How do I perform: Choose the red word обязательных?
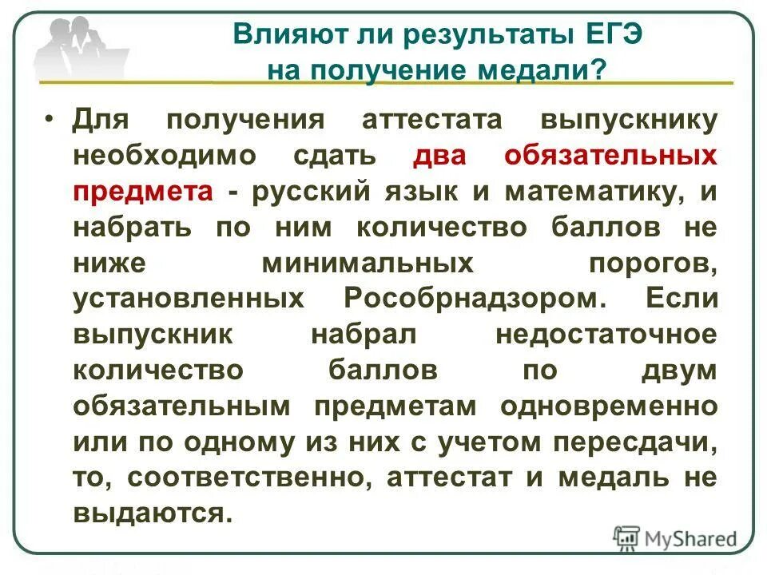pos(610,156)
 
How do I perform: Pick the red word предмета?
pos(144,192)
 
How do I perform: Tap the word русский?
pos(311,192)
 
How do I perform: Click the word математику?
pos(591,192)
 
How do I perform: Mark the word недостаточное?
pos(606,335)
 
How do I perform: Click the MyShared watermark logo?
pos(675,538)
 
